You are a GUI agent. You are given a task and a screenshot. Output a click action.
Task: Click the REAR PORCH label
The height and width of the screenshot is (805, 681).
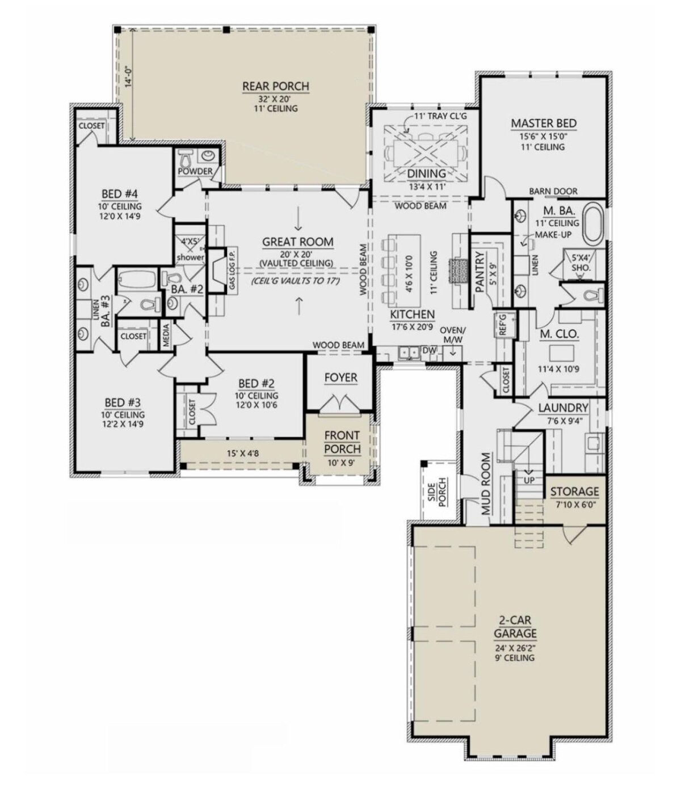[276, 86]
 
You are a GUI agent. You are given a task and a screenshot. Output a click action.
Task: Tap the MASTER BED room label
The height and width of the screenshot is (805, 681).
[544, 124]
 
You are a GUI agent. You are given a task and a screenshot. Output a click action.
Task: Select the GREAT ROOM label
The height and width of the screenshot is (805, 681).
[297, 242]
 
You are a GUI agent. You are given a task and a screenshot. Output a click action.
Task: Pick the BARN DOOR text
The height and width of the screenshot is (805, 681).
[553, 191]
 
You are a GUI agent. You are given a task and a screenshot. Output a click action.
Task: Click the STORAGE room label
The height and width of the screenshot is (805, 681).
[574, 492]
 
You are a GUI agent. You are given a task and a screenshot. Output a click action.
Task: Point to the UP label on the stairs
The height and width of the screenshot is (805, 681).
[529, 480]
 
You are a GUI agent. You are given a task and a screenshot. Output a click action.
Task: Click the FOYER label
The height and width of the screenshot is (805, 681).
[340, 378]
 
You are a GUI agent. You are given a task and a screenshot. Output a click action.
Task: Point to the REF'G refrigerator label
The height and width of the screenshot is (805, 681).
[502, 324]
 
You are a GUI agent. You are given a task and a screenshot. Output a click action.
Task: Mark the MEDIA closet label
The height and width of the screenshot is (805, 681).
[166, 336]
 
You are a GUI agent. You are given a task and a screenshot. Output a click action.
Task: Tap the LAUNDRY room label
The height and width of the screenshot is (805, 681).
[564, 408]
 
